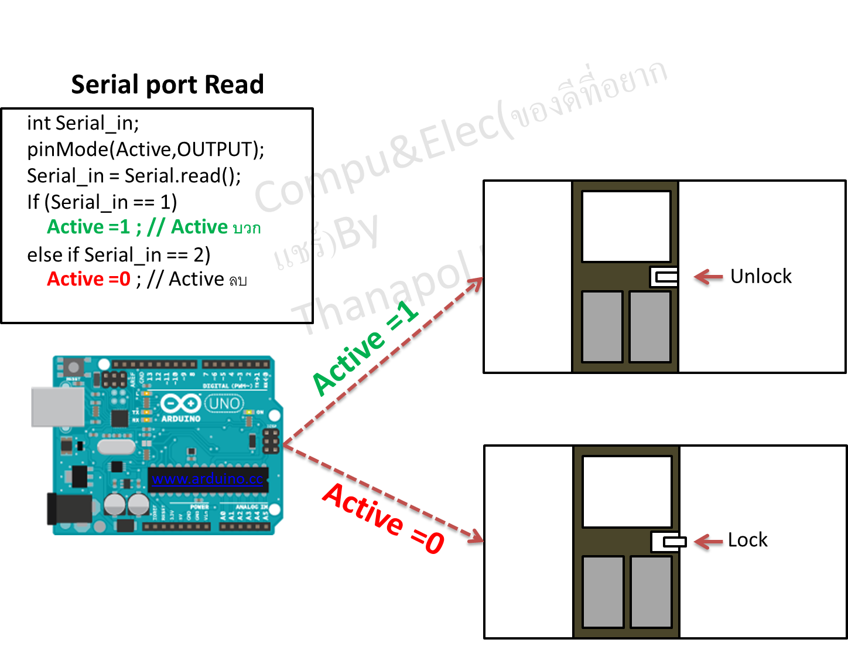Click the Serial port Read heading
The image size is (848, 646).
pyautogui.click(x=167, y=84)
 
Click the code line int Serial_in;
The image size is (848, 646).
pyautogui.click(x=83, y=123)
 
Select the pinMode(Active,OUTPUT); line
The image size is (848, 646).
pyautogui.click(x=145, y=149)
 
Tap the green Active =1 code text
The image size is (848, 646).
pyautogui.click(x=88, y=227)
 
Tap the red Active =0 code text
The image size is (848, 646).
pyautogui.click(x=88, y=279)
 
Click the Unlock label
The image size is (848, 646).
pyautogui.click(x=761, y=276)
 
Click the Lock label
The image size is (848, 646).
pyautogui.click(x=747, y=540)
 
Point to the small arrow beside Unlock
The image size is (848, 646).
pyautogui.click(x=709, y=277)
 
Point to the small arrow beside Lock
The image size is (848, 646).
pyautogui.click(x=709, y=541)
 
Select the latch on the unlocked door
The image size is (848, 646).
pyautogui.click(x=664, y=277)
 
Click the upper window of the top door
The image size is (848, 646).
pyautogui.click(x=625, y=226)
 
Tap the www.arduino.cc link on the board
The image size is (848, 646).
pyautogui.click(x=207, y=479)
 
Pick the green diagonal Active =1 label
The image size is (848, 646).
pyautogui.click(x=365, y=348)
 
